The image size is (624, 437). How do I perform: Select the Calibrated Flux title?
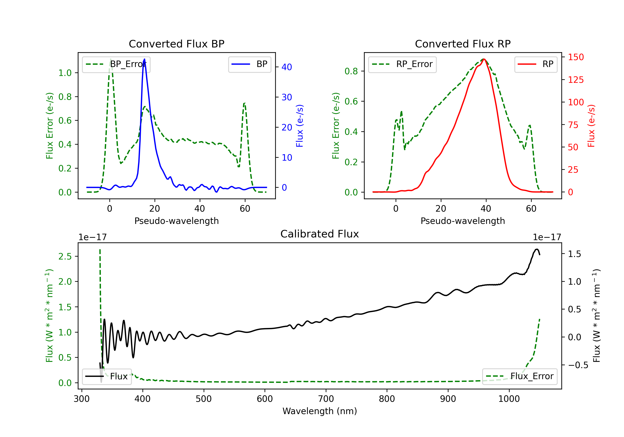(x=320, y=234)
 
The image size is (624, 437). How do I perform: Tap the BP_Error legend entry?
(x=116, y=64)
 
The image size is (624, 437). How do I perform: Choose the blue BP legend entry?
(x=249, y=64)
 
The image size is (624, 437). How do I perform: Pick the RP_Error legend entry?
(x=402, y=64)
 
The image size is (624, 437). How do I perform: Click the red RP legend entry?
(x=536, y=64)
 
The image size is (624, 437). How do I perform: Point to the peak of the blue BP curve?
(x=144, y=59)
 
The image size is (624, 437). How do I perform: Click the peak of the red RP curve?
(x=484, y=59)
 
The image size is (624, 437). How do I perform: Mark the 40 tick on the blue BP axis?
(x=287, y=67)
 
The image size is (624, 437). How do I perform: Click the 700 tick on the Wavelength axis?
(x=326, y=399)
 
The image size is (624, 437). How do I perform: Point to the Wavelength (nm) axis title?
(x=320, y=411)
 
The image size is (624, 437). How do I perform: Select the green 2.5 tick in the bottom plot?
(x=65, y=256)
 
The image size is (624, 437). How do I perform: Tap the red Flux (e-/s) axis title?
(x=591, y=126)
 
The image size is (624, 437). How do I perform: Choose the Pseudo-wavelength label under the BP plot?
(x=177, y=221)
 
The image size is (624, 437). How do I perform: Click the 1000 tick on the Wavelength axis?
(x=509, y=399)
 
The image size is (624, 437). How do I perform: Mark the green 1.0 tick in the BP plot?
(x=65, y=73)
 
